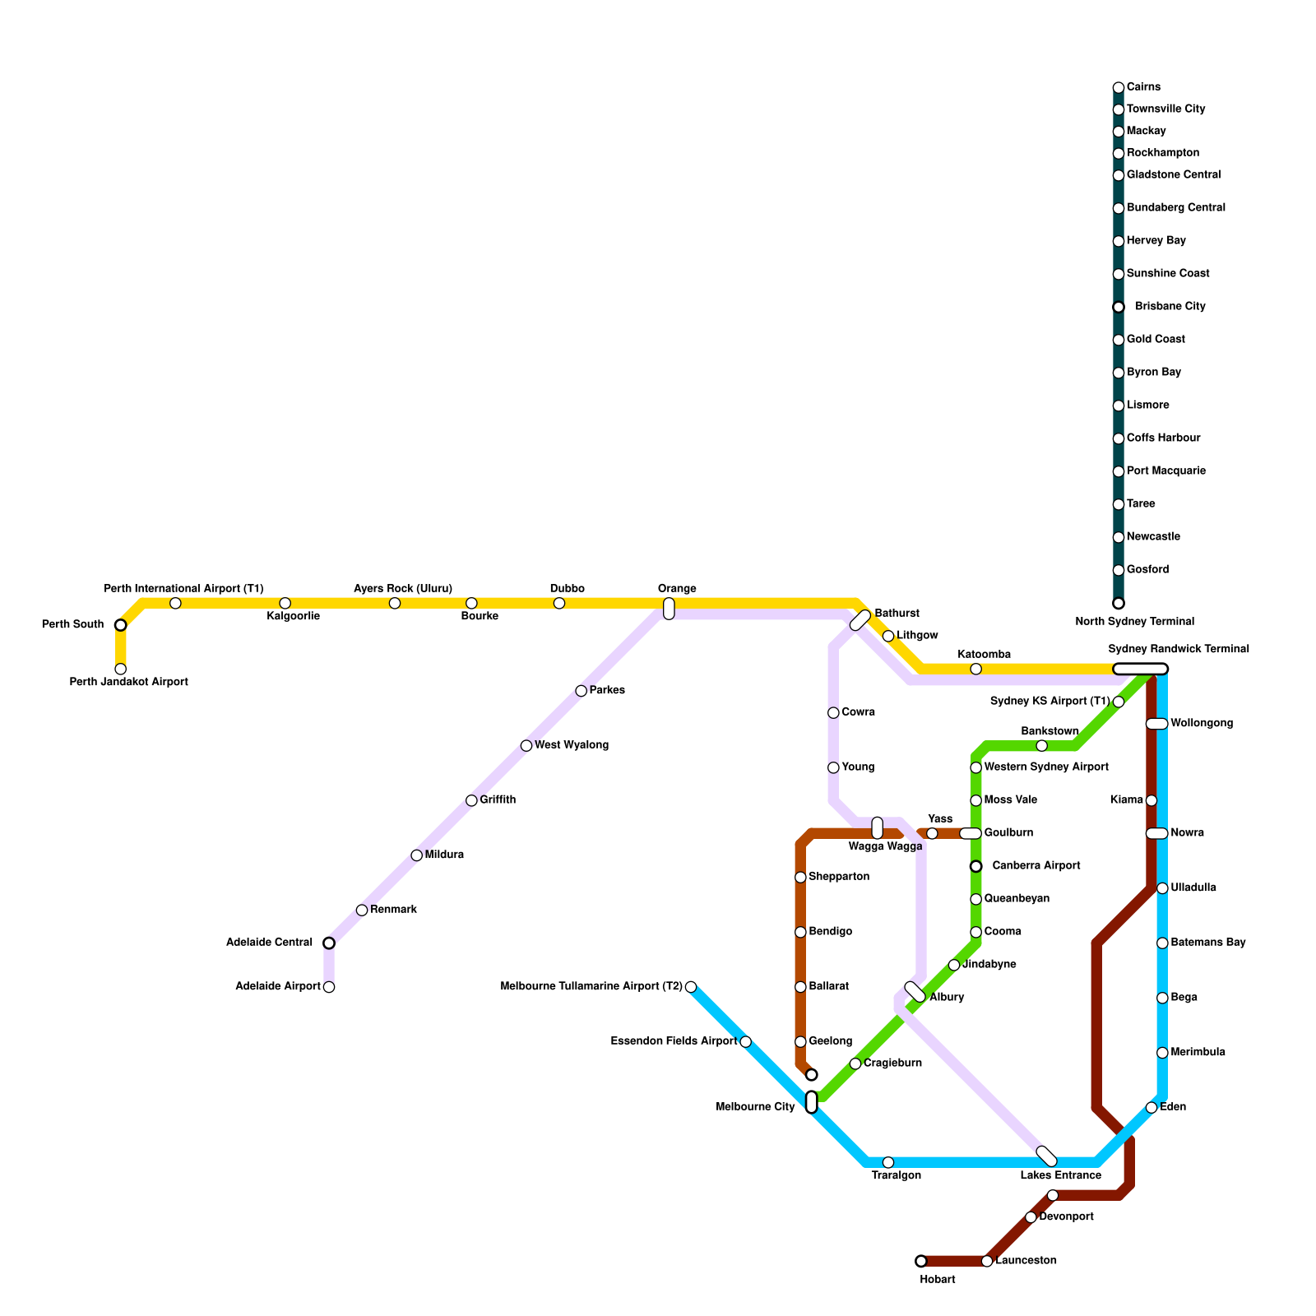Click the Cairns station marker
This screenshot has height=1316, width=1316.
click(x=1118, y=88)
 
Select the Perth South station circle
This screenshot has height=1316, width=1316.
click(x=121, y=625)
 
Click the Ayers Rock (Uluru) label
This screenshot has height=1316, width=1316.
click(x=403, y=589)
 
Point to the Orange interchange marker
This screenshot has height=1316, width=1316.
click(x=669, y=609)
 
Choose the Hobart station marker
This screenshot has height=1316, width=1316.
click(x=921, y=1261)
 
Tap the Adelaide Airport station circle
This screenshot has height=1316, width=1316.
click(x=329, y=987)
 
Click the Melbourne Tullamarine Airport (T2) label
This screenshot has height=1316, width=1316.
click(x=591, y=987)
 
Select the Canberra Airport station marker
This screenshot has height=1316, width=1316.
click(x=975, y=866)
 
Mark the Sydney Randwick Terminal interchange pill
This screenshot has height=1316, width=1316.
click(x=1140, y=669)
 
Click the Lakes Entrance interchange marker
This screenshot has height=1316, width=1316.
click(x=1046, y=1156)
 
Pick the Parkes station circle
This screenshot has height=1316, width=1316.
click(x=581, y=691)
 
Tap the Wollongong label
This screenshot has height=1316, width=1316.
click(x=1201, y=724)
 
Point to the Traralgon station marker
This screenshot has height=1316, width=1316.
click(x=888, y=1162)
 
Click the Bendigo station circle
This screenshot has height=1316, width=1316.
click(x=800, y=932)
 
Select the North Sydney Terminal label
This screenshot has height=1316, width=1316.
click(x=1134, y=622)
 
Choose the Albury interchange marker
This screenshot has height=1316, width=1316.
click(x=915, y=992)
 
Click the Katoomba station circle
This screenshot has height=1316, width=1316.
click(x=975, y=669)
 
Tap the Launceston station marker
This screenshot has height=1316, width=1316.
click(x=987, y=1261)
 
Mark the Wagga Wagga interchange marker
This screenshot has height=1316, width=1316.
click(x=878, y=828)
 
